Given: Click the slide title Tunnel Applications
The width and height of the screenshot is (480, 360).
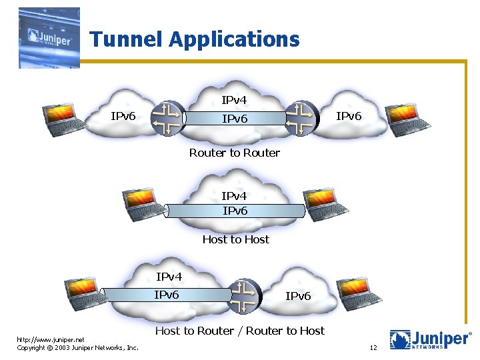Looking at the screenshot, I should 195,39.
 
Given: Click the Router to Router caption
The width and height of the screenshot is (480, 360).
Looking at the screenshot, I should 234,153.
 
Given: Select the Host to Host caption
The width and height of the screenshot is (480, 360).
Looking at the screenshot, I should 235,239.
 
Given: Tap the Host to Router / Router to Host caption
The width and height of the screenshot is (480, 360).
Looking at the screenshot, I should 239,331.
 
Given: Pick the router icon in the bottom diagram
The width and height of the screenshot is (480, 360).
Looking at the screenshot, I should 245,295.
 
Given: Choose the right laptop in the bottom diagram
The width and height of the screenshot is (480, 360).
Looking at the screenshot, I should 359,291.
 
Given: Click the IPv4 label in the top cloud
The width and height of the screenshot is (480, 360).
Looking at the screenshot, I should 234,101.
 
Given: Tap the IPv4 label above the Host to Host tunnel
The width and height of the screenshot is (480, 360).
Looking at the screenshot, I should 234,196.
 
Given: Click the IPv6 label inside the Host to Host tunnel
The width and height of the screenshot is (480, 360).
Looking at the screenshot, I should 235,211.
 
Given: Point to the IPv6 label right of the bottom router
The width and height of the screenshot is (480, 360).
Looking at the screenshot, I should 298,296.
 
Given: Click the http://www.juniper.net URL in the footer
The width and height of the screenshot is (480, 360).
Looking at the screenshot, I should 45,339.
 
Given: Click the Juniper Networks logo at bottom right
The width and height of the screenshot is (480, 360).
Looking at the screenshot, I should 431,339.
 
